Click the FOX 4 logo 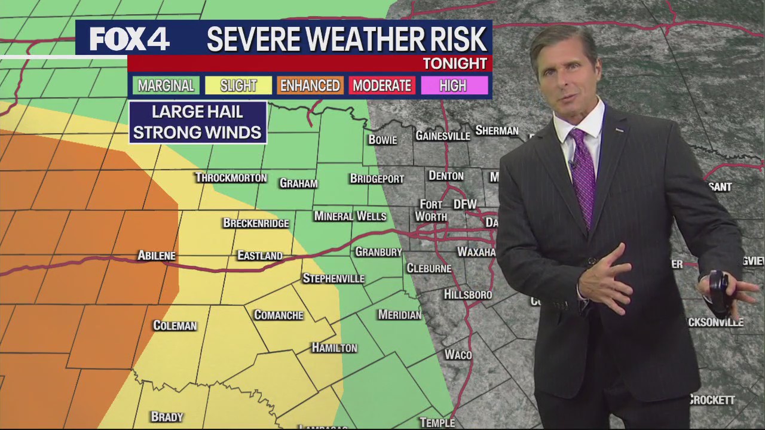(130, 39)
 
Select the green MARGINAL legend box (166, 86)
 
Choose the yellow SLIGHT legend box (238, 86)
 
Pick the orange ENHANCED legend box (310, 86)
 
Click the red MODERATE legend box (382, 86)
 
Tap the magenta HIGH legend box (453, 86)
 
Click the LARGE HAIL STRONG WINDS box (197, 122)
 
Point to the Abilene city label (157, 256)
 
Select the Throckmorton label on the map (231, 178)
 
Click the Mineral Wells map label (350, 216)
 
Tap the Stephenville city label (333, 279)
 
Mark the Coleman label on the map (175, 325)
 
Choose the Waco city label (458, 355)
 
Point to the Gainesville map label (443, 136)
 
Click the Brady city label (167, 417)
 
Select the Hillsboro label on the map (468, 294)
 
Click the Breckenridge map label (256, 223)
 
